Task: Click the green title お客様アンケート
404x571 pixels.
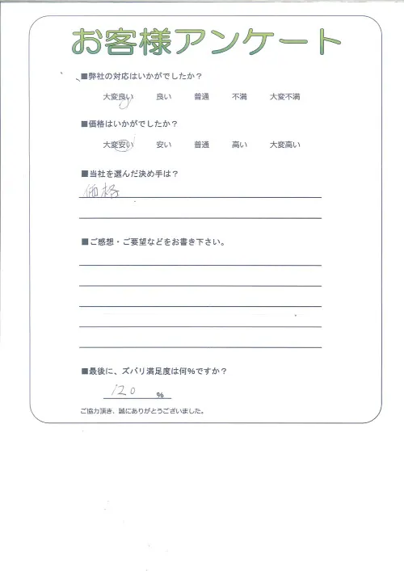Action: (x=205, y=43)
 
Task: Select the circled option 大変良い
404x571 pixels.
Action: (x=118, y=97)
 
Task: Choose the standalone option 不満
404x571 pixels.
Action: (x=239, y=97)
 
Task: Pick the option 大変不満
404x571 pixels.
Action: (x=284, y=97)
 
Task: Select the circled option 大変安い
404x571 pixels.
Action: (x=118, y=145)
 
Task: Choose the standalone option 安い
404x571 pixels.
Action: (x=162, y=145)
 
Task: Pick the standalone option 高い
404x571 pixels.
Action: (x=239, y=145)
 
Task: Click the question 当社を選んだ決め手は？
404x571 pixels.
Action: (x=132, y=174)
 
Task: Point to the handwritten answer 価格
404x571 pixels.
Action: (x=103, y=191)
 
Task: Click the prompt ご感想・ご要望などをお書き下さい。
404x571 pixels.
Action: (x=154, y=241)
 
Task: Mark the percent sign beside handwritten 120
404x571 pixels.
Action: (x=160, y=395)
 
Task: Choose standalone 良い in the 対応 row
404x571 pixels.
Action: (x=162, y=97)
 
